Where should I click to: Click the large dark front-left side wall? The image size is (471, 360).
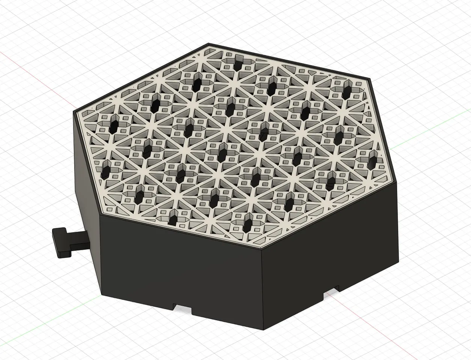pyautogui.click(x=180, y=270)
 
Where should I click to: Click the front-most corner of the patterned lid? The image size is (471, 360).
pyautogui.click(x=262, y=249)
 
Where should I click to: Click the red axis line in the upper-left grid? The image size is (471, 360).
pyautogui.click(x=22, y=62)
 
